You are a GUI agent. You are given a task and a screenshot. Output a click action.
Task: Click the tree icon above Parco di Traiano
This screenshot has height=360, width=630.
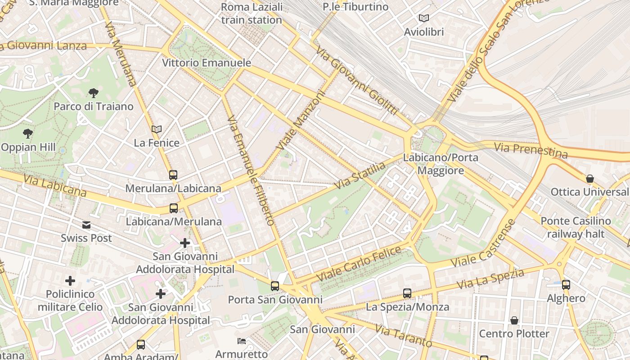(x=94, y=93)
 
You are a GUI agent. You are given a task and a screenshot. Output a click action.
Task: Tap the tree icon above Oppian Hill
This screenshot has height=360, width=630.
(x=28, y=134)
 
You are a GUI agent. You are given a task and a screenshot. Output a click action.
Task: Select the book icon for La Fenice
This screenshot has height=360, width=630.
(x=157, y=130)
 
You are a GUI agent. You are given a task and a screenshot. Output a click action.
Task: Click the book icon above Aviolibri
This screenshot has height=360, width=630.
(x=423, y=18)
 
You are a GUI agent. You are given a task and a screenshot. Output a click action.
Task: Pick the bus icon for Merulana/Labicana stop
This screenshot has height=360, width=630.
(x=173, y=175)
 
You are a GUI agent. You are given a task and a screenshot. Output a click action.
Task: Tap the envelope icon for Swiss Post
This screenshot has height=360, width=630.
(x=86, y=225)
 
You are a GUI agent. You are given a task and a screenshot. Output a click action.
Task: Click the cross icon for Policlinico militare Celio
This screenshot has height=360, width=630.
(x=70, y=281)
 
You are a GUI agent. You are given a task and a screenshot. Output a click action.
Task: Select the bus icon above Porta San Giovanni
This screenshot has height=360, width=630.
(x=274, y=286)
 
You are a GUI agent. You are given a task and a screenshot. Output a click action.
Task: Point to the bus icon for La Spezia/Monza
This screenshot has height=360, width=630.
(x=407, y=293)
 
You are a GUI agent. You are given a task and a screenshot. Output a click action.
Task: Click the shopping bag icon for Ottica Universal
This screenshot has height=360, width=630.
(x=589, y=179)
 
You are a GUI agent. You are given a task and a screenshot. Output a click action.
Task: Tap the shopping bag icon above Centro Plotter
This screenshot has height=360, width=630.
(x=514, y=320)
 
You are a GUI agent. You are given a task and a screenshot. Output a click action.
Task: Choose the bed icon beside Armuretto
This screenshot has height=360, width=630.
(x=242, y=341)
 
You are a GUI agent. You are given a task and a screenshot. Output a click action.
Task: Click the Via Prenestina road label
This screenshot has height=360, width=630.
(x=531, y=150)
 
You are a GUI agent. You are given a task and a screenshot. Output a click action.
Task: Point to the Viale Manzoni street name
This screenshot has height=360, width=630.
(x=300, y=121)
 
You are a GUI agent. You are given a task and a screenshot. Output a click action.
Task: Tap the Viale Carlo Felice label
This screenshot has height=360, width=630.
(x=359, y=264)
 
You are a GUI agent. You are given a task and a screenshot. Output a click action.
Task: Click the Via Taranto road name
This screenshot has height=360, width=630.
(x=403, y=336)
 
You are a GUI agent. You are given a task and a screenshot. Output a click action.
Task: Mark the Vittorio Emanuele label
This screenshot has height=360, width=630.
(x=206, y=63)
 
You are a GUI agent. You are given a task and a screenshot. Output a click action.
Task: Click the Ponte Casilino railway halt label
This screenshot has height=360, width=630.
(x=576, y=227)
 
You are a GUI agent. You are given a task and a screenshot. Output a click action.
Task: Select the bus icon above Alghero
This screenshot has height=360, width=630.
(x=566, y=285)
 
